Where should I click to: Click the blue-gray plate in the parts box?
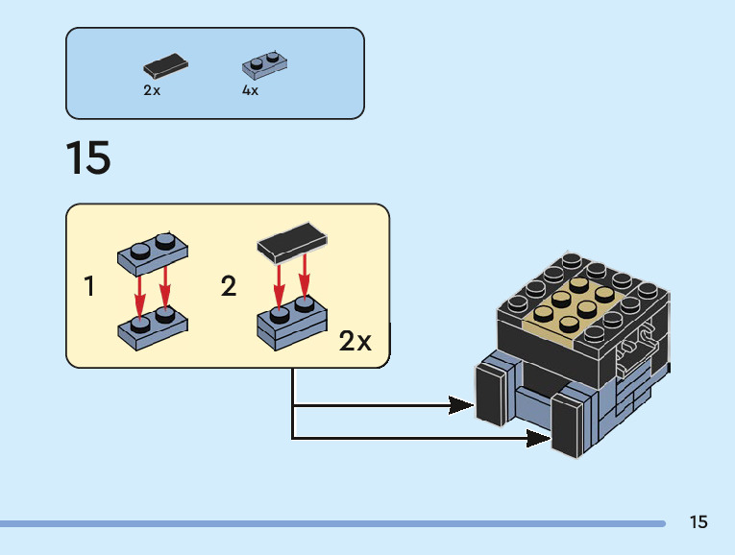pyautogui.click(x=264, y=64)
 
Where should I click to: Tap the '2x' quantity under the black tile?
pyautogui.click(x=152, y=90)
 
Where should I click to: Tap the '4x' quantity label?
pyautogui.click(x=250, y=90)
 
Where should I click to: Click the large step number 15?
pyautogui.click(x=88, y=158)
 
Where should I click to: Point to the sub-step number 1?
pyautogui.click(x=90, y=286)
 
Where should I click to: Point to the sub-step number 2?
pyautogui.click(x=229, y=286)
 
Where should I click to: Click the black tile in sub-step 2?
pyautogui.click(x=290, y=244)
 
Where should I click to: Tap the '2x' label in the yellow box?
pyautogui.click(x=355, y=341)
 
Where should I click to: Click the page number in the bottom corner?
pyautogui.click(x=698, y=522)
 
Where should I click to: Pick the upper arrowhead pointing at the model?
pyautogui.click(x=462, y=405)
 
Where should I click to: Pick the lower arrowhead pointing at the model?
pyautogui.click(x=538, y=439)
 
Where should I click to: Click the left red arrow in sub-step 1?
pyautogui.click(x=141, y=290)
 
